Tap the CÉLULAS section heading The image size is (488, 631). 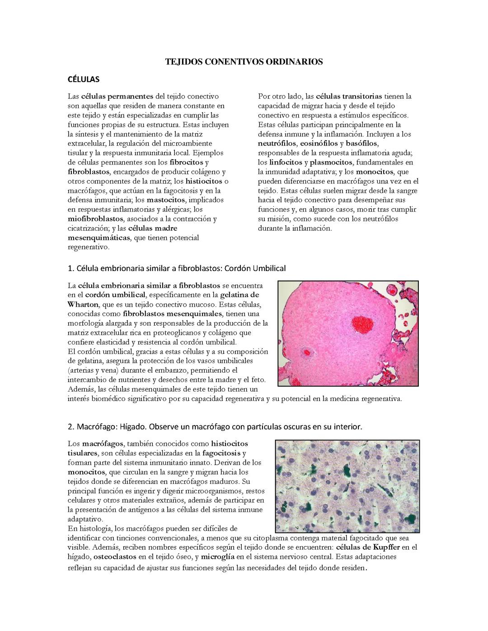[x=83, y=79]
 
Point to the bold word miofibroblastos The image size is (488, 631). [x=95, y=219]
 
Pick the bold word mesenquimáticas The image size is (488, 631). [x=99, y=238]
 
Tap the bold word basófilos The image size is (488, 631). [x=361, y=143]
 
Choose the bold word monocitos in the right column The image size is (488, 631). [x=375, y=172]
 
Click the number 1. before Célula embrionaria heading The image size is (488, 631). [x=70, y=268]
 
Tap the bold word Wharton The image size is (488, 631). [x=83, y=304]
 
